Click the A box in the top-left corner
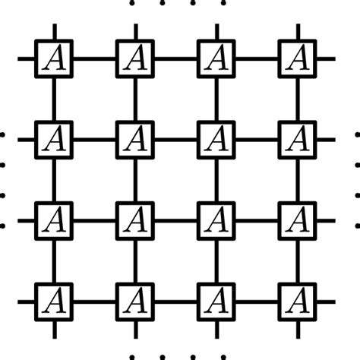click(54, 57)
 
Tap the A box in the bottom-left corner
click(54, 302)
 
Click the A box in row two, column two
click(135, 139)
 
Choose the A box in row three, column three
click(216, 220)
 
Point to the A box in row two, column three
click(216, 139)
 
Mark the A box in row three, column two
click(135, 220)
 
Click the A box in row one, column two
click(135, 57)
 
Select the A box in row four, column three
click(216, 302)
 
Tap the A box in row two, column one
click(54, 139)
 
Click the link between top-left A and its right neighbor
click(95, 58)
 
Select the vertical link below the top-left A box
click(54, 98)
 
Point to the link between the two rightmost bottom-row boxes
click(257, 302)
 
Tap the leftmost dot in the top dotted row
click(132, 3)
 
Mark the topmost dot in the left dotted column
click(3, 136)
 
